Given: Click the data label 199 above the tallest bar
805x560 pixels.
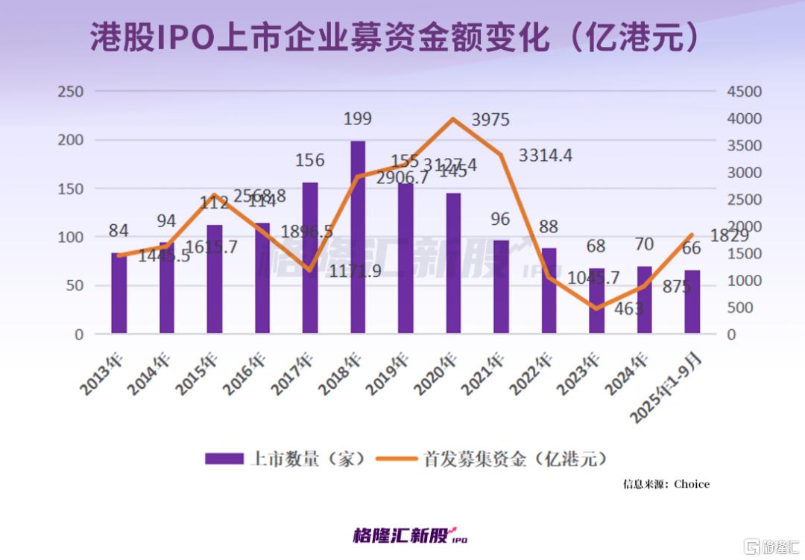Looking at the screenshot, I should pyautogui.click(x=358, y=119).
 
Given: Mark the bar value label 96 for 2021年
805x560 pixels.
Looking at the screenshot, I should pyautogui.click(x=501, y=220).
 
